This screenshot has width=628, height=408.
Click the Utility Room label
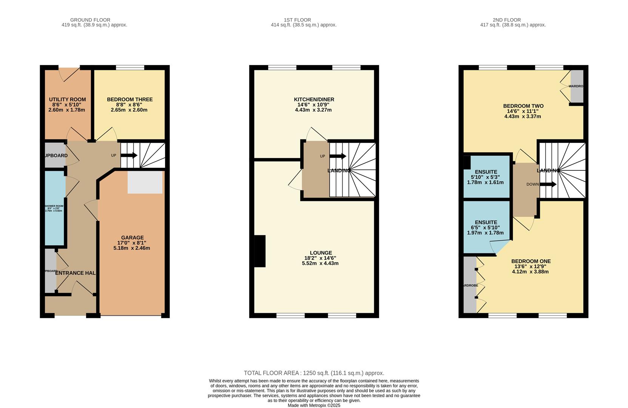(x=67, y=99)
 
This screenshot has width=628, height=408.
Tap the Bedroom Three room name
(x=130, y=99)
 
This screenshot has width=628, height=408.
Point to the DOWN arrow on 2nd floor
(x=548, y=184)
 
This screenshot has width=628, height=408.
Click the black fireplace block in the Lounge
(x=260, y=251)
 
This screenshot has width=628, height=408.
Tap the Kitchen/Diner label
(x=314, y=99)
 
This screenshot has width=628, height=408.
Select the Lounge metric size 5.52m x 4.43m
(x=320, y=263)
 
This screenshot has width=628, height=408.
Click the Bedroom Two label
(x=523, y=106)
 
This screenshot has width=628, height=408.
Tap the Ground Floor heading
(x=90, y=20)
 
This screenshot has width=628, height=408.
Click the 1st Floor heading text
(x=297, y=20)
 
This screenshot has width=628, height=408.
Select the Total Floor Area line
(x=314, y=373)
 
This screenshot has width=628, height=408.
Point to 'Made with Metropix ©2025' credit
(x=314, y=405)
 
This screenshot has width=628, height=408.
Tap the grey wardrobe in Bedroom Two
(x=577, y=86)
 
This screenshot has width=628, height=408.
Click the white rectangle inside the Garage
(x=145, y=182)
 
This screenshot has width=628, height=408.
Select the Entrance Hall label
(x=75, y=273)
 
